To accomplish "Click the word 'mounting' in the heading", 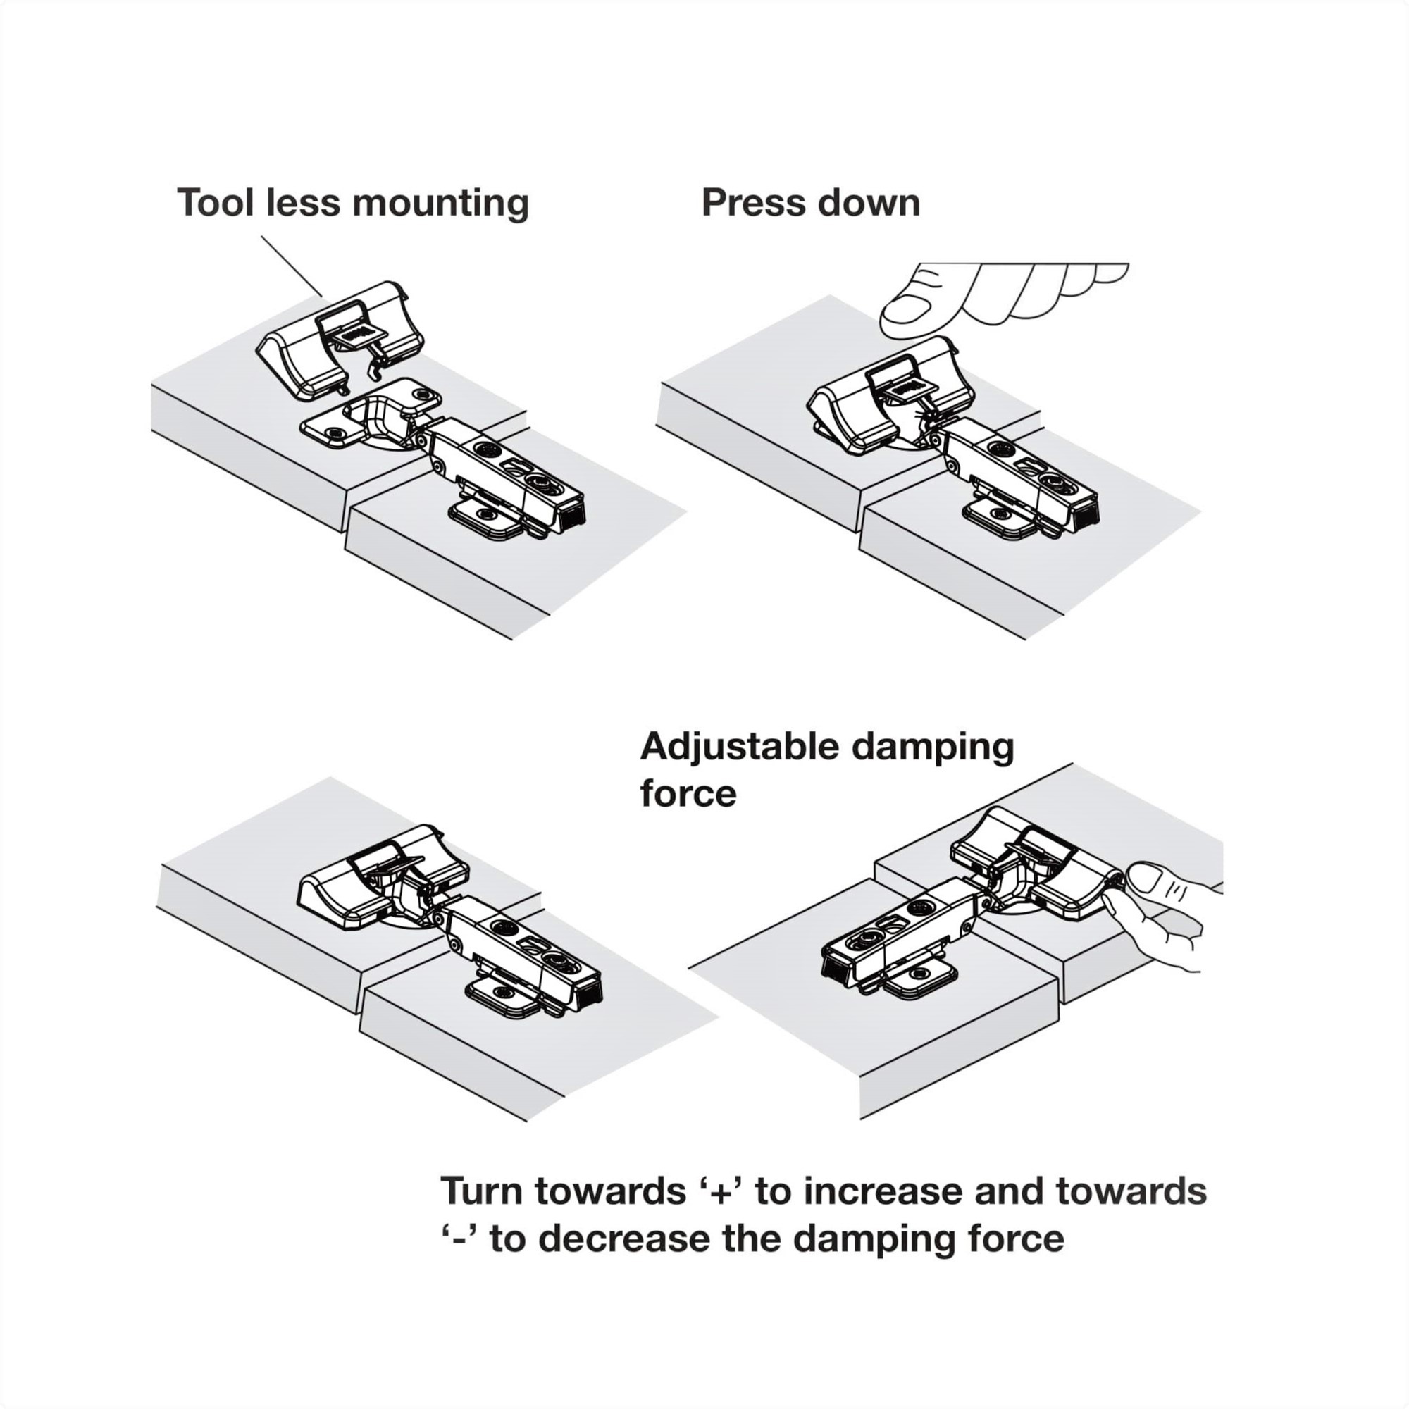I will [440, 204].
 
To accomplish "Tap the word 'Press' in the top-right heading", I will [752, 202].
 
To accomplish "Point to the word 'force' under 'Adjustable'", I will [688, 793].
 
